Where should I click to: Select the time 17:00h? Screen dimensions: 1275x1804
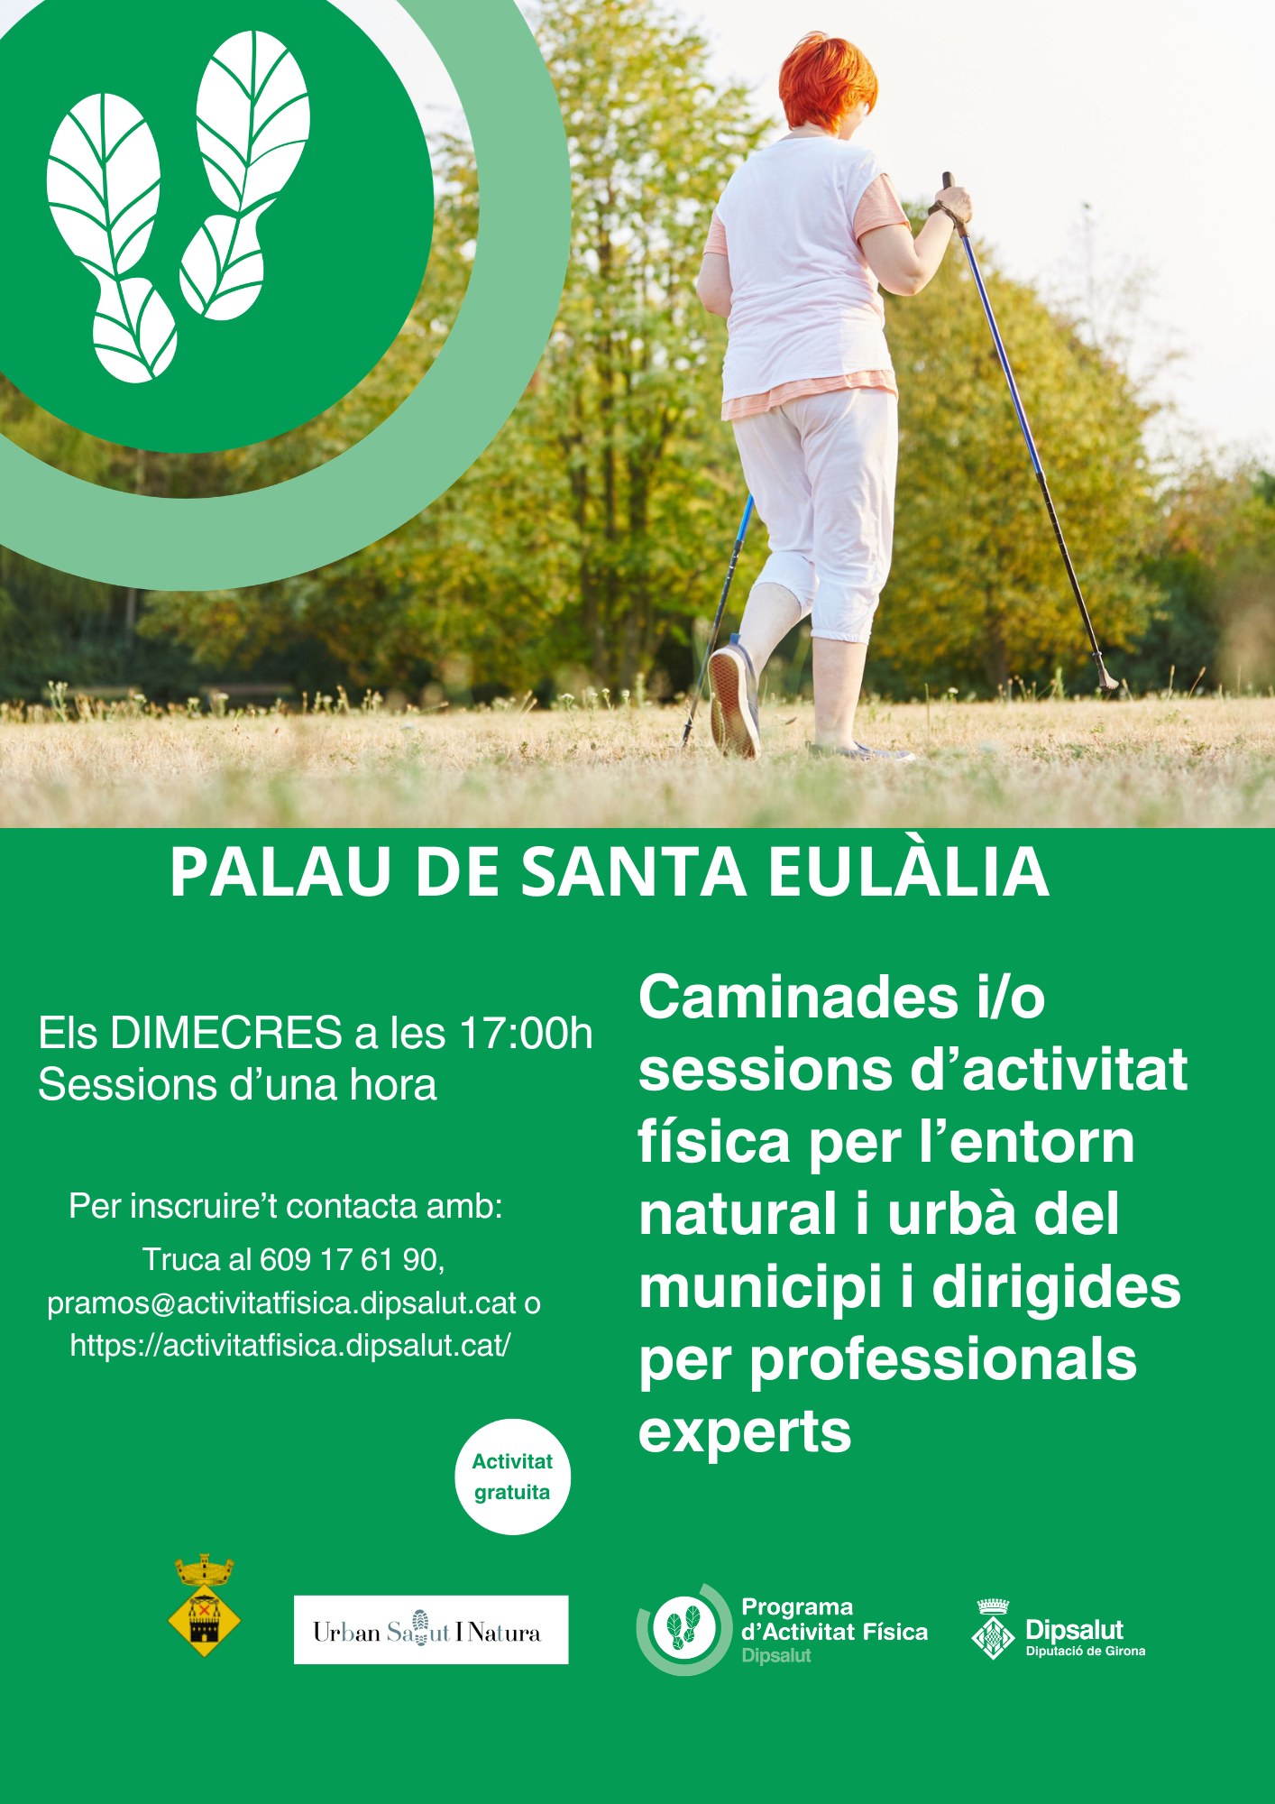click(x=526, y=1033)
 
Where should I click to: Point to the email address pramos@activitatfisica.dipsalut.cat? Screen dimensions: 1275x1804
click(x=281, y=1302)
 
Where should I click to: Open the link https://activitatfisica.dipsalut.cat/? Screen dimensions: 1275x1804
click(x=290, y=1345)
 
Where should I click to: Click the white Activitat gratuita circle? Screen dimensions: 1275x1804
click(x=512, y=1477)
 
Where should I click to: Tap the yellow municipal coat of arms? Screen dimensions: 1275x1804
click(x=205, y=1606)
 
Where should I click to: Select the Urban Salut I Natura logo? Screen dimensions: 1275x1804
click(x=431, y=1630)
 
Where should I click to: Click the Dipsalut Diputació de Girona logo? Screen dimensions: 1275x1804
click(x=1058, y=1630)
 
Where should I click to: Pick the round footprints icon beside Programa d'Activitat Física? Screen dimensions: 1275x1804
click(x=684, y=1629)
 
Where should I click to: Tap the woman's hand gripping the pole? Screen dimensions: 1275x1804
click(x=952, y=205)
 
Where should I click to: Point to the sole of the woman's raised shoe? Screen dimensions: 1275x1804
click(x=732, y=702)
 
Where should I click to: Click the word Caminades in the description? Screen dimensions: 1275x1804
click(x=798, y=998)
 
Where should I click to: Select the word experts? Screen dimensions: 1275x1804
click(x=745, y=1431)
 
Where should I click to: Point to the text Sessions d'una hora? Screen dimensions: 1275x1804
click(x=237, y=1084)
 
